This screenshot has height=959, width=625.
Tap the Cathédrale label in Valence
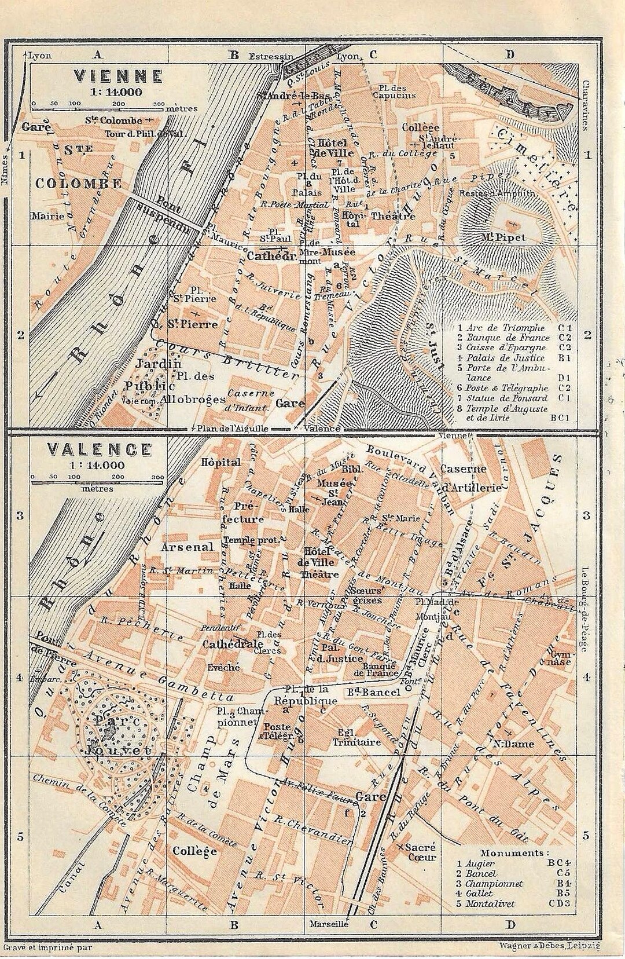[233, 644]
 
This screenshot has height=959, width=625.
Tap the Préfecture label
[243, 511]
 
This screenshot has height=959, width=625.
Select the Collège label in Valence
[194, 851]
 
